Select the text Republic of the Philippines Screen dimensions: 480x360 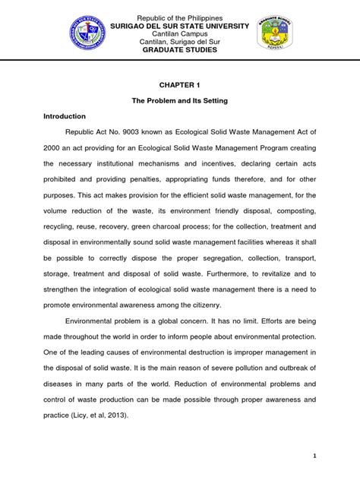179,17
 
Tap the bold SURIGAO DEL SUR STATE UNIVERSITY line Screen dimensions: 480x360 179,27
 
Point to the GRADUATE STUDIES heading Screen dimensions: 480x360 179,50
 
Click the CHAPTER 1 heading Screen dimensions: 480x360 179,86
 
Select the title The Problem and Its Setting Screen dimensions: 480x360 179,101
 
